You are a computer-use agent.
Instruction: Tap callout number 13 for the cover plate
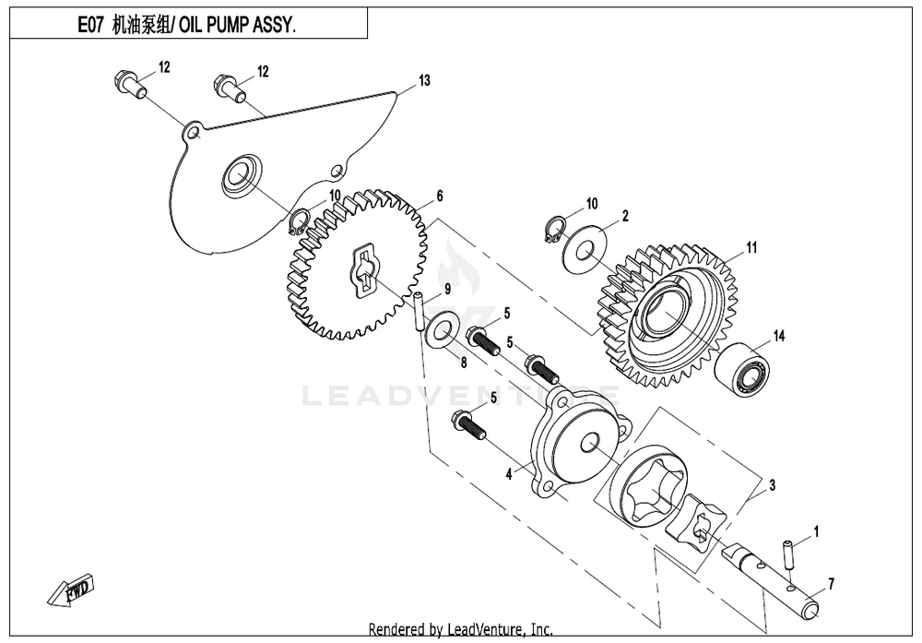click(424, 81)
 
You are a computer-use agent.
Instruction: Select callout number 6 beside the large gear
click(440, 196)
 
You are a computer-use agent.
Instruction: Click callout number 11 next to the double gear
click(751, 247)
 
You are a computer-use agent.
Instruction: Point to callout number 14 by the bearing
click(779, 337)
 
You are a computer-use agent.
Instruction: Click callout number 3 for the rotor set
click(772, 483)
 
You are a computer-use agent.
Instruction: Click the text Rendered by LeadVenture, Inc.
click(460, 630)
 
